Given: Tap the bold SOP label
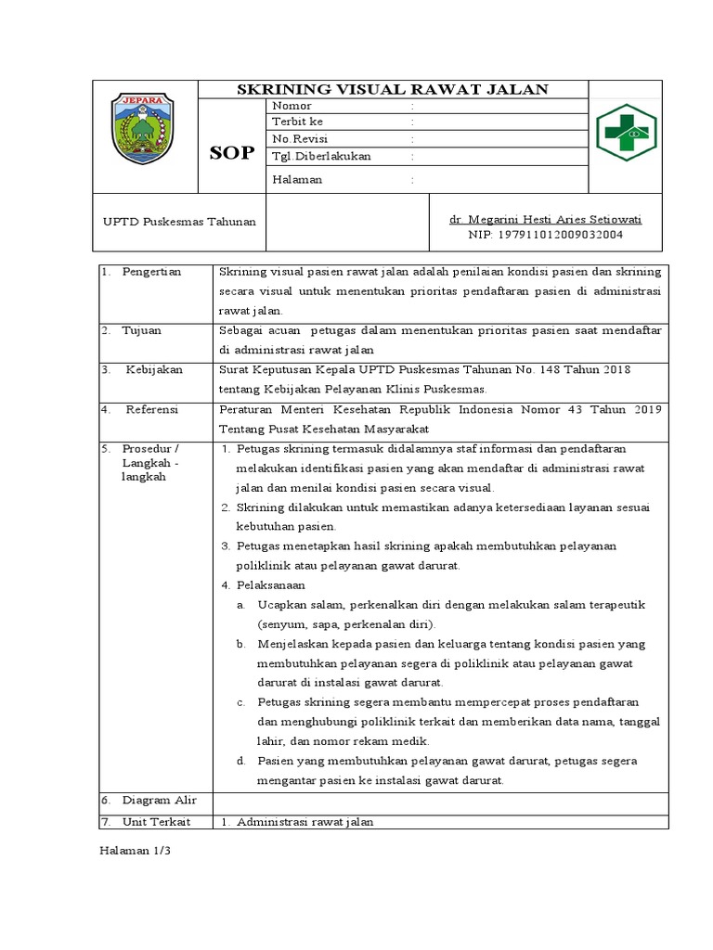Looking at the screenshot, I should (x=230, y=153).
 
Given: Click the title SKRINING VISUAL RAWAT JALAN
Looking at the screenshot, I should (x=393, y=89).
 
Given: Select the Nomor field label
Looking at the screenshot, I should (x=291, y=107).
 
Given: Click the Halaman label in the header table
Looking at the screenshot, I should (x=297, y=179).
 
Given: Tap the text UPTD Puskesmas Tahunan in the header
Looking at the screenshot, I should (x=178, y=222).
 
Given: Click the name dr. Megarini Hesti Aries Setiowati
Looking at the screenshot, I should (x=545, y=219).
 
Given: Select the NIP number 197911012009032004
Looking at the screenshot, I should (x=545, y=235).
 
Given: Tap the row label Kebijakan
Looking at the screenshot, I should (x=154, y=369).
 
